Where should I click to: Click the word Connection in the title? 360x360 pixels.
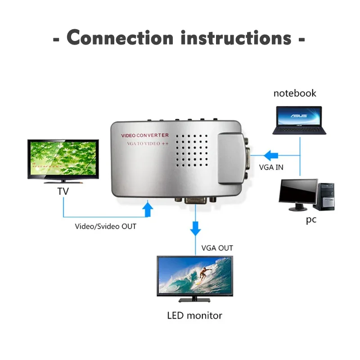coord(119,38)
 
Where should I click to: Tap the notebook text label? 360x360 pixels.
coord(295,94)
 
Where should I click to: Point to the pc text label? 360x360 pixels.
coord(311,220)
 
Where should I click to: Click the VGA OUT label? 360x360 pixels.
coord(217,248)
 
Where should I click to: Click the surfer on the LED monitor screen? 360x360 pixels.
coord(204,273)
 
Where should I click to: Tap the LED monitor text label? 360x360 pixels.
coord(194,315)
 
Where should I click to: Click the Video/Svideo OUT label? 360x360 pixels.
coord(105,226)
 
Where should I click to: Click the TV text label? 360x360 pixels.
coord(63,192)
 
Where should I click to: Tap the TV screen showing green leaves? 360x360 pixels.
coord(63,160)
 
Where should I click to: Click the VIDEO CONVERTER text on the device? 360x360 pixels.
coord(144,135)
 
